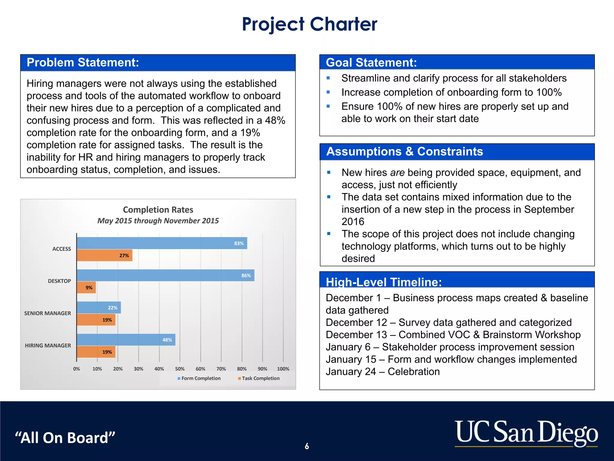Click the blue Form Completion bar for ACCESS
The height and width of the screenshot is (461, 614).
(x=162, y=243)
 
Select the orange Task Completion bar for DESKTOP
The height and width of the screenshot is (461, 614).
(x=86, y=288)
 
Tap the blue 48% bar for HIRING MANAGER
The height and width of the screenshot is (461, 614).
(x=126, y=340)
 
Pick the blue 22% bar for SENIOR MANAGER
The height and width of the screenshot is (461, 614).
(x=99, y=308)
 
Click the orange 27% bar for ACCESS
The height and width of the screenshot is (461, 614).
(x=104, y=255)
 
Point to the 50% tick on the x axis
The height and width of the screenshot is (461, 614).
(x=180, y=369)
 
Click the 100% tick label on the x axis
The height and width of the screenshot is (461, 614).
(x=283, y=369)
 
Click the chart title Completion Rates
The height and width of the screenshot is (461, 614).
(x=158, y=210)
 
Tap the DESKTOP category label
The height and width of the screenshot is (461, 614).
(x=59, y=281)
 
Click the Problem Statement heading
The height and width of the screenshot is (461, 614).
(x=83, y=63)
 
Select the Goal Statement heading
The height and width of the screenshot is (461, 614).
(x=371, y=63)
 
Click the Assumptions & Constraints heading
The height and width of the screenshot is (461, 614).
(x=404, y=152)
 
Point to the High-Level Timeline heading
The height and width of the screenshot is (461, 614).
(x=384, y=282)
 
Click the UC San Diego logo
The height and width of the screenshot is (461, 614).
(x=526, y=433)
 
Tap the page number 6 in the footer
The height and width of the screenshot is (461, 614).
(x=307, y=446)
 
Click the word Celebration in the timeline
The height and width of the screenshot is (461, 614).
(x=414, y=372)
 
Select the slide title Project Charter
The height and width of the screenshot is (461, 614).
(x=309, y=24)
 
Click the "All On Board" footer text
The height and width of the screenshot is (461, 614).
(x=65, y=438)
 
